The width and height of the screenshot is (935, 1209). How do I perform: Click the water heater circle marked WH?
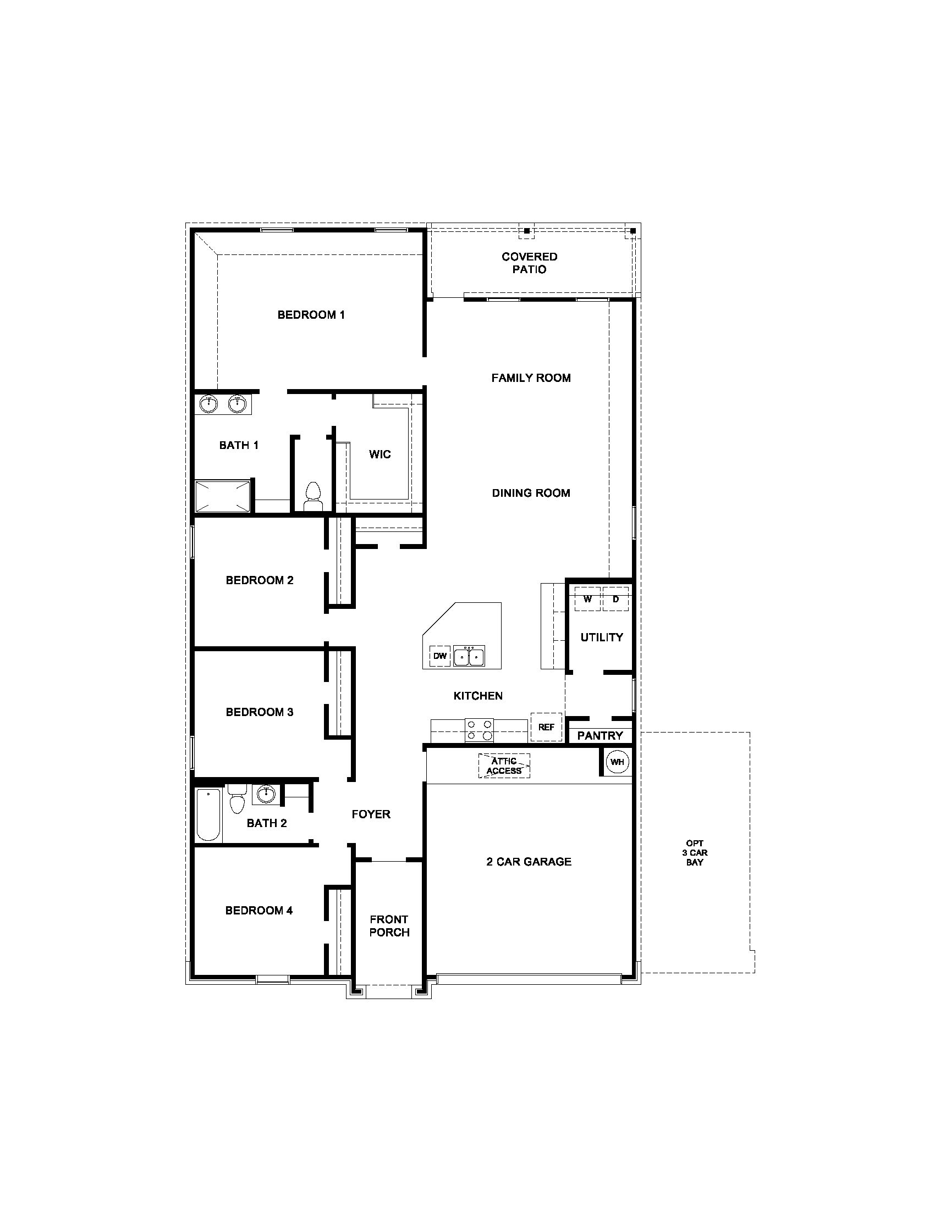(x=617, y=762)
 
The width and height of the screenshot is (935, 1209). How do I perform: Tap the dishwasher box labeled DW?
(x=440, y=656)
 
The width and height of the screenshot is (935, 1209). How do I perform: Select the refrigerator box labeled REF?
(x=546, y=727)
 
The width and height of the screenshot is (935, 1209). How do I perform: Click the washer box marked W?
(x=588, y=599)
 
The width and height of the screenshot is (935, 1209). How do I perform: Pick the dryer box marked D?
(x=615, y=599)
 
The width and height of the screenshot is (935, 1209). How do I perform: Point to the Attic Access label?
(x=504, y=766)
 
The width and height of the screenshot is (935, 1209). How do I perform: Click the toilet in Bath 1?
(x=313, y=496)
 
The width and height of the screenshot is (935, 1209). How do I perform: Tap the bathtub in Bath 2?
(x=208, y=814)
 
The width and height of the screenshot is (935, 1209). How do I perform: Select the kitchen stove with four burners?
(x=479, y=730)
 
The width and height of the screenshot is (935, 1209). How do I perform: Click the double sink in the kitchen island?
(x=469, y=656)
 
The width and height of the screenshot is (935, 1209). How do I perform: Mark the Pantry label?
(x=600, y=735)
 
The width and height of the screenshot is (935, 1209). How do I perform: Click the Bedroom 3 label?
(x=259, y=712)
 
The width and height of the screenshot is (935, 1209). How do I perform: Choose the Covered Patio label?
(x=530, y=263)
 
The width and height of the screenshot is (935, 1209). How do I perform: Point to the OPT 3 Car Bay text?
(x=695, y=852)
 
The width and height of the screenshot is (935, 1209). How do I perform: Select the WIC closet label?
(x=380, y=454)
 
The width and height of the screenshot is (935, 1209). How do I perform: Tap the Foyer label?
(x=371, y=814)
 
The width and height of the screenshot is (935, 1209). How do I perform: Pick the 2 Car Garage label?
(x=529, y=861)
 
